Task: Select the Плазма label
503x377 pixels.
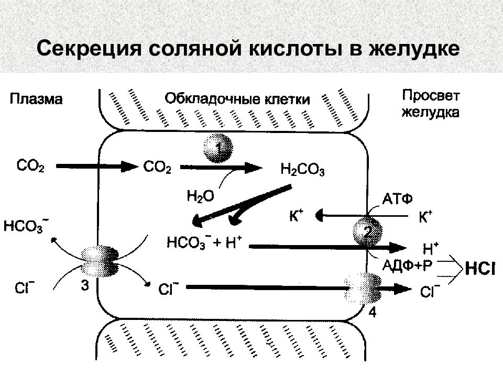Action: (x=36, y=99)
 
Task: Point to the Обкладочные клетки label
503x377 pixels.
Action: (x=237, y=99)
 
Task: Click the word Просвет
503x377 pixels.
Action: (x=431, y=95)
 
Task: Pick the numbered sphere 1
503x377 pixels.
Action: (x=218, y=148)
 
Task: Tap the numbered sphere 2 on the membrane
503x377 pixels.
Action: (x=368, y=231)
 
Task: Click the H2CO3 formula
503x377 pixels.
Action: (x=302, y=170)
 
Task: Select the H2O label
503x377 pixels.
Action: (x=201, y=196)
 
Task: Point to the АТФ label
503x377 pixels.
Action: (x=398, y=199)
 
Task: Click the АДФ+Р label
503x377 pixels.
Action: (x=407, y=265)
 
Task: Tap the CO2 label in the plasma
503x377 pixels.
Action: (x=30, y=167)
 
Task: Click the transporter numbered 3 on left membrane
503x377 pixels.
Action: (x=100, y=262)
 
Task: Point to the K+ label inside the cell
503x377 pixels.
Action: (x=296, y=215)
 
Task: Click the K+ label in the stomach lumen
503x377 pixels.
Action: (x=425, y=217)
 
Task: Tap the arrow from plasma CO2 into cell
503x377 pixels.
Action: (x=97, y=166)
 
